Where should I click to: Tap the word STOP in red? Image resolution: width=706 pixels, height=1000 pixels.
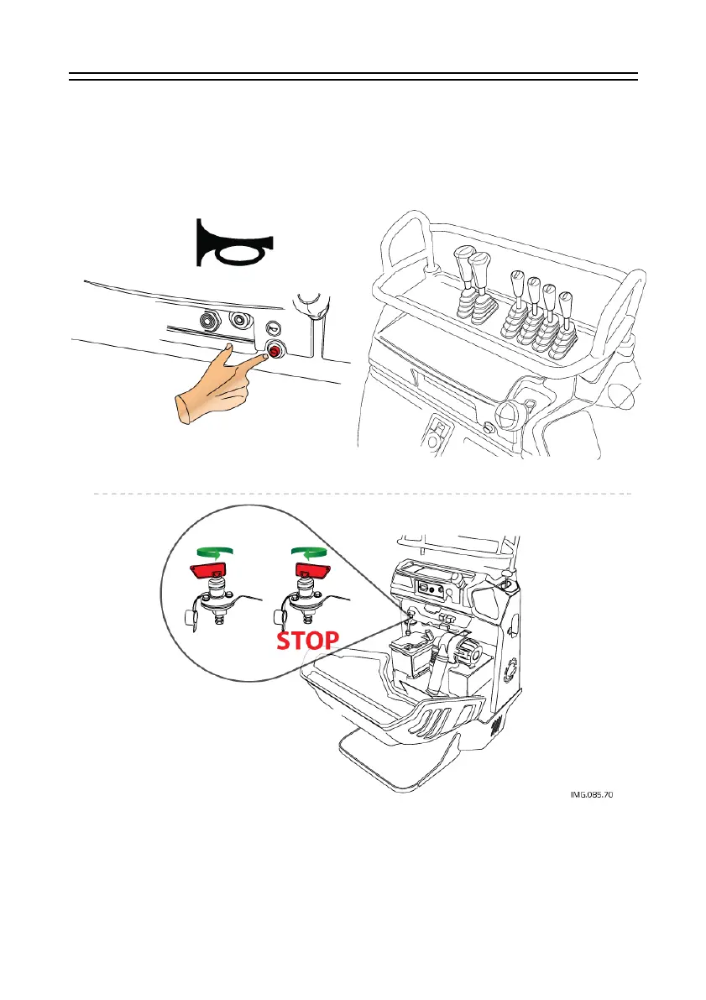tap(308, 640)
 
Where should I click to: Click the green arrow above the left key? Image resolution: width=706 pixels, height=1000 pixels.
tap(212, 552)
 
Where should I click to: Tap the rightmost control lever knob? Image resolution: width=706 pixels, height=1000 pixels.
tap(567, 300)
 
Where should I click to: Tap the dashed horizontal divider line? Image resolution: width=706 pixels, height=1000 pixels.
tap(361, 494)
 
